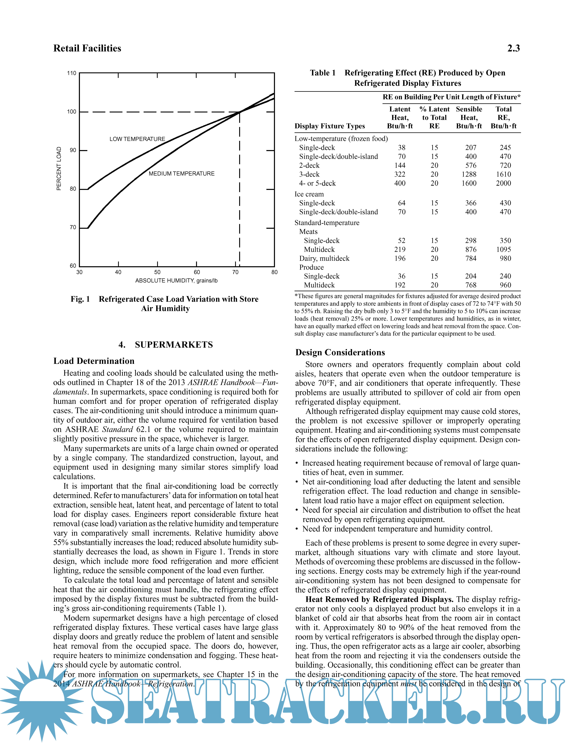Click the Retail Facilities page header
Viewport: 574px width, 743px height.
87,48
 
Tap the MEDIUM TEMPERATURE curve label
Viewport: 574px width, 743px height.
182,173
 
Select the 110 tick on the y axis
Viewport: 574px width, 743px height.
72,73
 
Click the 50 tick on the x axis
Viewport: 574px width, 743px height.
157,272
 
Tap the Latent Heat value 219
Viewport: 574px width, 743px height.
400,250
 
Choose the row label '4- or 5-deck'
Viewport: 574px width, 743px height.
317,183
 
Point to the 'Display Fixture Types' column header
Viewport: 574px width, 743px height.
330,126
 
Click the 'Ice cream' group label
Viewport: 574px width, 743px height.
309,194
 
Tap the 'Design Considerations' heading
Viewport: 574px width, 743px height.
340,352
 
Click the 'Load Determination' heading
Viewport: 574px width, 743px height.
94,361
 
